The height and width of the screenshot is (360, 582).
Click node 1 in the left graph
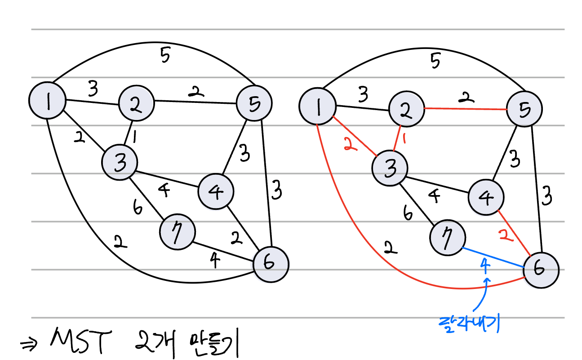[x=47, y=101]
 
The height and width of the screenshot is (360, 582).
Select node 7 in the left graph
[x=178, y=233]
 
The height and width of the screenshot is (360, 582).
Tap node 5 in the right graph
[x=524, y=109]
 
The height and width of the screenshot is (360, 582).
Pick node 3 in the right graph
[x=390, y=168]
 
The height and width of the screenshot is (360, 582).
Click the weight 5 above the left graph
[x=165, y=57]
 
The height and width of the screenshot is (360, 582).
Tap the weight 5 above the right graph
[x=435, y=62]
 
